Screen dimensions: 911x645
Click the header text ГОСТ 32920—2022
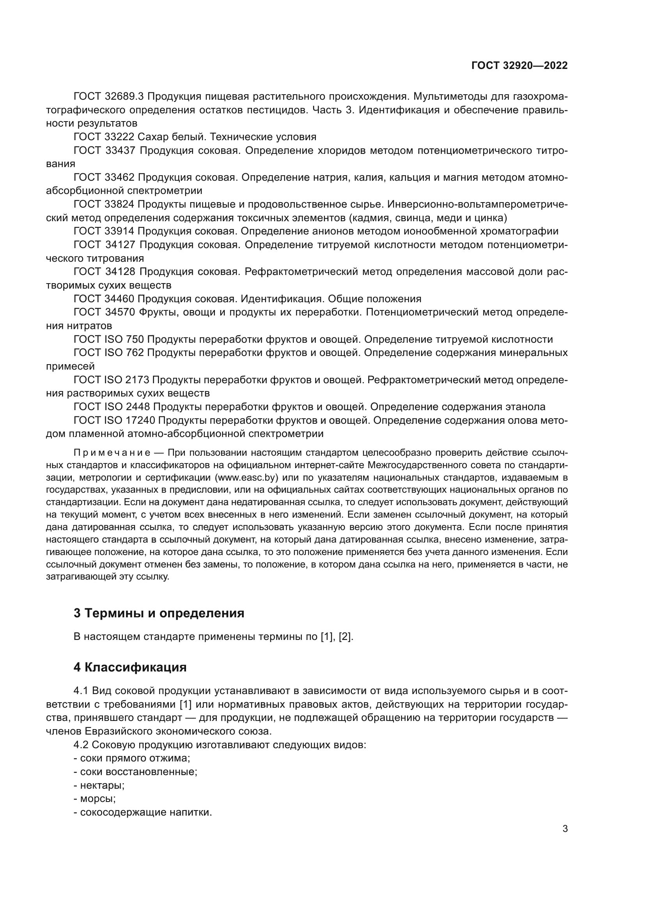519,66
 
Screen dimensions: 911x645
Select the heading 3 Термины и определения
159,613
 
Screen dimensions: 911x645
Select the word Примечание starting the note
112,453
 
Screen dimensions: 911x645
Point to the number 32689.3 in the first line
124,97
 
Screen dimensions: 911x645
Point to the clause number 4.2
81,744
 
